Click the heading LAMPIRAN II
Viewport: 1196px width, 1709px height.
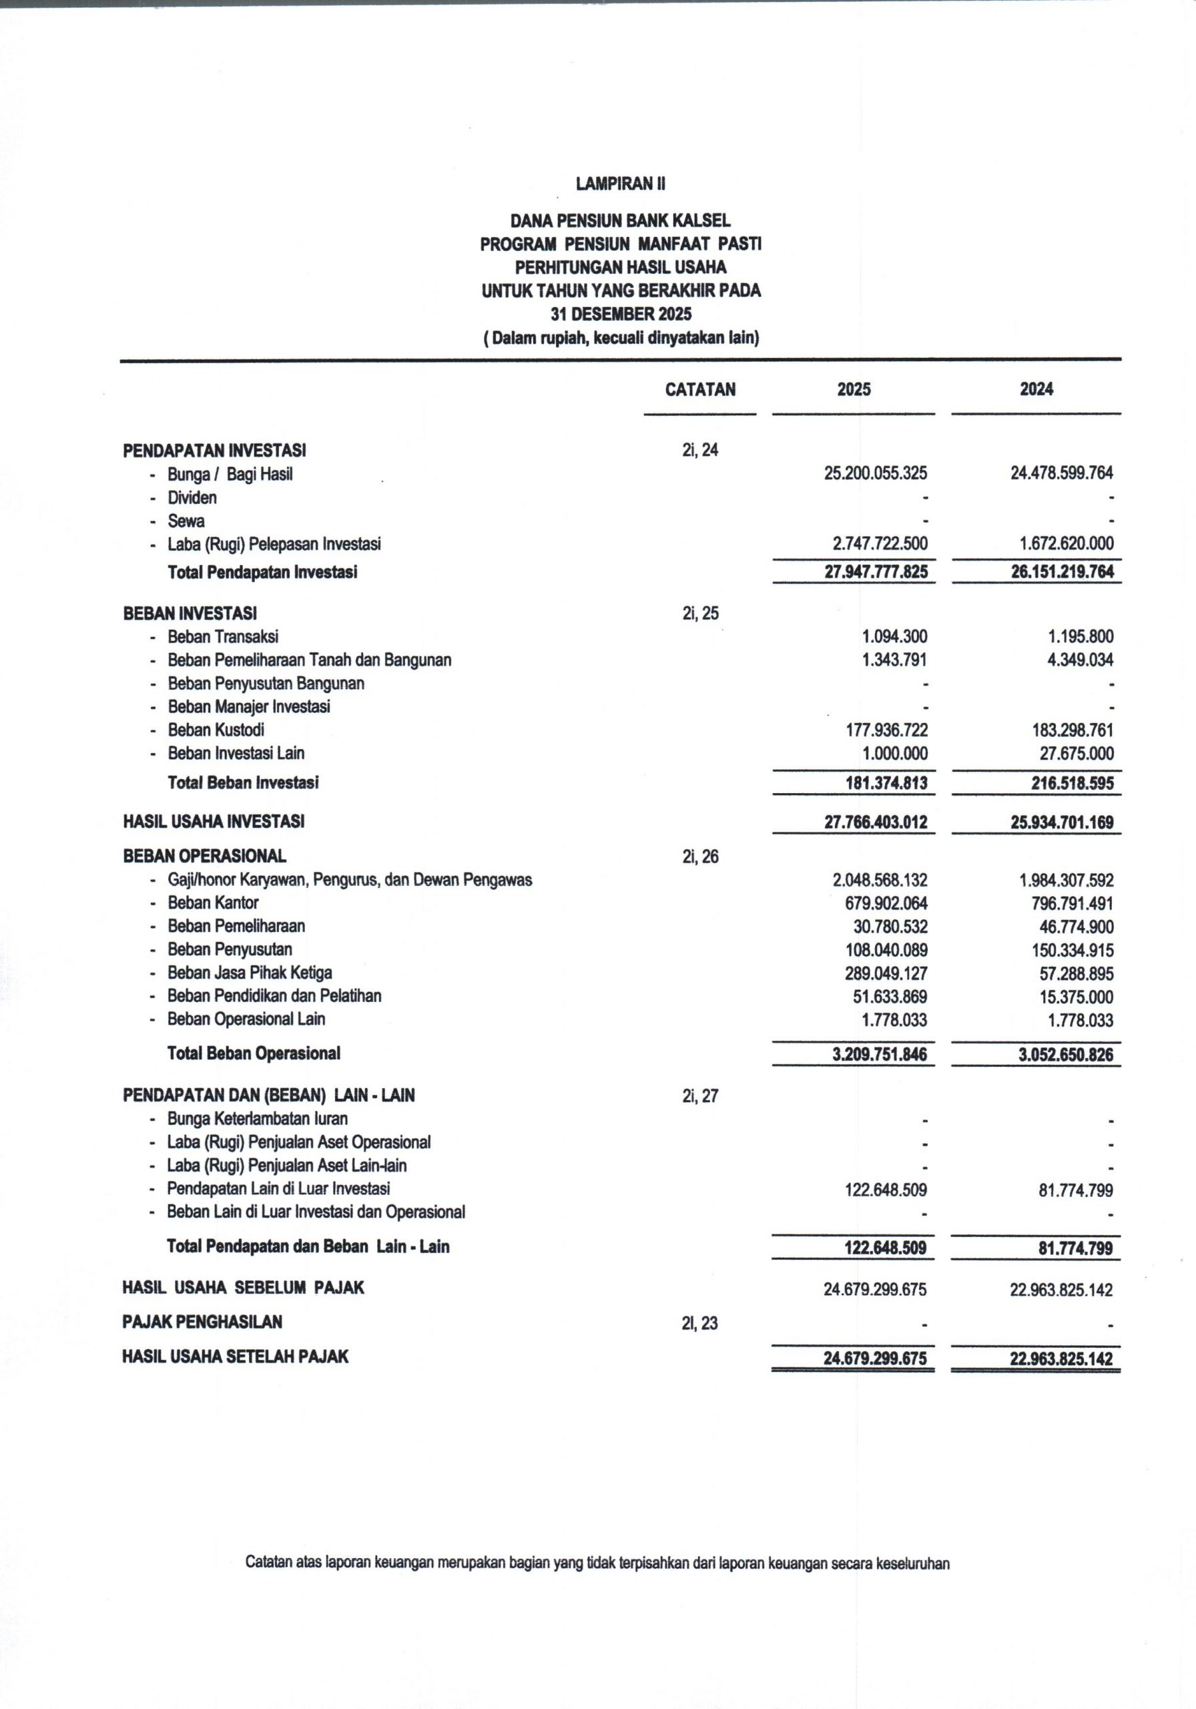click(620, 184)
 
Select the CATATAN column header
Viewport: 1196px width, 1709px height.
click(699, 389)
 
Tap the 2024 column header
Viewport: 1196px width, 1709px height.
click(1036, 389)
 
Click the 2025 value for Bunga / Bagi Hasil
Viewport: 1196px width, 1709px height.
click(875, 473)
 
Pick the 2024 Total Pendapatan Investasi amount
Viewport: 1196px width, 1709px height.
click(1061, 572)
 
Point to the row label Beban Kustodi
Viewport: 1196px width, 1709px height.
click(216, 730)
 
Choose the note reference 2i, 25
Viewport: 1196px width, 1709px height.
click(699, 614)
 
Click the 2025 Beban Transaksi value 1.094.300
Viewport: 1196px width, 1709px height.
click(894, 636)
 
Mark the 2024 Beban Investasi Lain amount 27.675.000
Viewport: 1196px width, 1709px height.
click(1076, 753)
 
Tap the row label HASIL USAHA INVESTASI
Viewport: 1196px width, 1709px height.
click(214, 822)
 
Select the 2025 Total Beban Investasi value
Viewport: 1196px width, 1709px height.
click(886, 783)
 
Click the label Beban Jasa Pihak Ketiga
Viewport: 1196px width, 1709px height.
click(250, 973)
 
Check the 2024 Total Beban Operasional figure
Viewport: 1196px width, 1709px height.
click(1061, 1055)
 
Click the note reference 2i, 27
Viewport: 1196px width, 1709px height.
click(699, 1095)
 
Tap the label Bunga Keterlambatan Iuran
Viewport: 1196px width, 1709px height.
click(257, 1119)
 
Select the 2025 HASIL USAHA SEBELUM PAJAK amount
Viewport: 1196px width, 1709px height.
click(874, 1289)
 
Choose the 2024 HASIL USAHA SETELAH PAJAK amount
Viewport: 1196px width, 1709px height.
click(1061, 1359)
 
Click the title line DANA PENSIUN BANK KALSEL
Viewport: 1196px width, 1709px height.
click(620, 220)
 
